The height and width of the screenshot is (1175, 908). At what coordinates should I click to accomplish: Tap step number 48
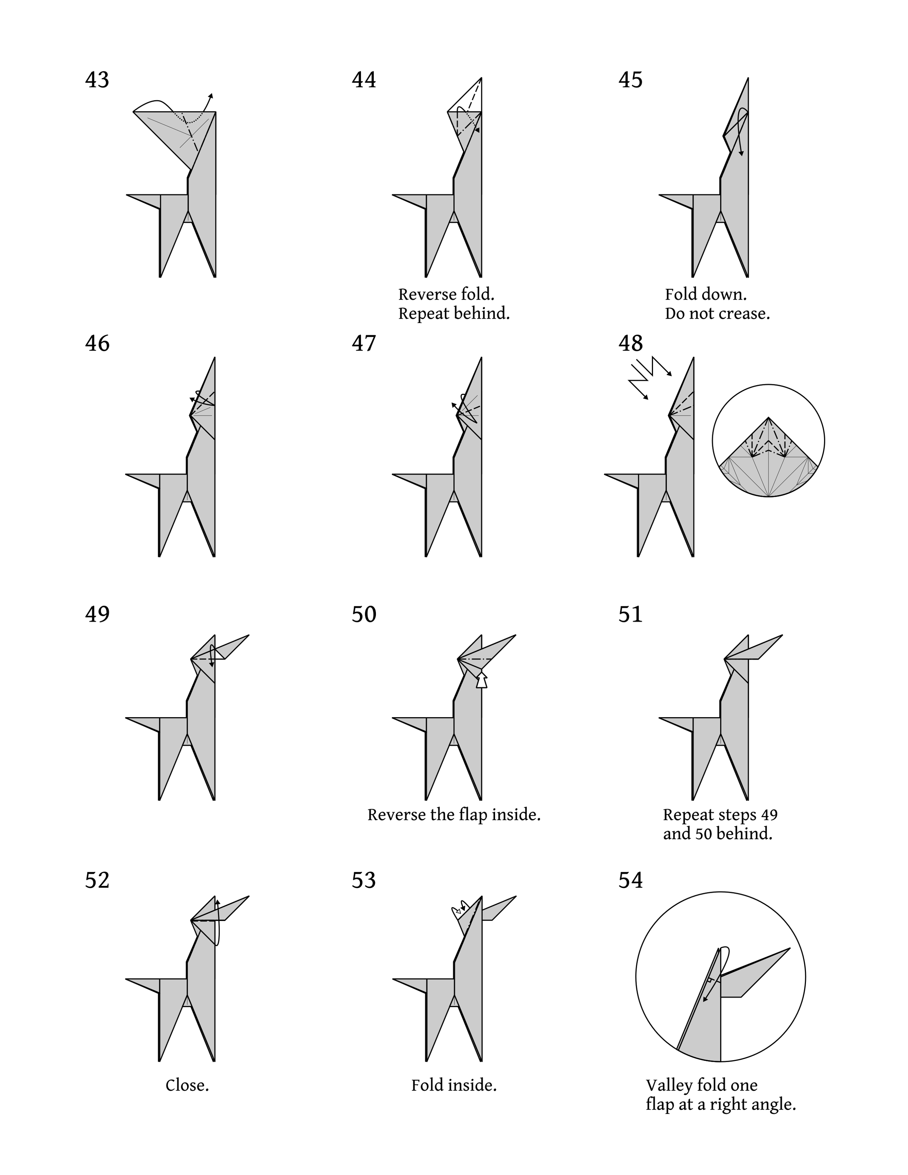[x=631, y=343]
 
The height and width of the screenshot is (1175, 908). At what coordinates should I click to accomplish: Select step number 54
[x=631, y=880]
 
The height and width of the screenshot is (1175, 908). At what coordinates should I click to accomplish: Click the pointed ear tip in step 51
[x=782, y=635]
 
